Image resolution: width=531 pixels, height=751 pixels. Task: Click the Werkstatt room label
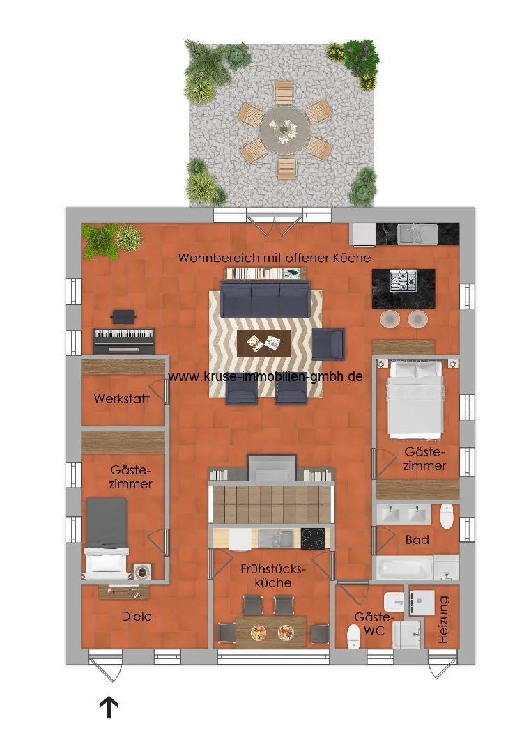click(122, 398)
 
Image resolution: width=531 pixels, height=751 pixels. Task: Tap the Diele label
click(137, 617)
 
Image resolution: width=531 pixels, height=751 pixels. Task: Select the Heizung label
click(444, 619)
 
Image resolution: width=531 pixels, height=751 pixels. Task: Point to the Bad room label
click(417, 540)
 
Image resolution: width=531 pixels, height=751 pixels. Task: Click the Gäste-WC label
click(373, 624)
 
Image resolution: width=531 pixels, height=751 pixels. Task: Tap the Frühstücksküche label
click(272, 575)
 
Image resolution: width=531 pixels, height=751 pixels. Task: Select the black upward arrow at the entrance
click(109, 707)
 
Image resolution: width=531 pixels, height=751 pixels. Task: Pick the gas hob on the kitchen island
click(403, 281)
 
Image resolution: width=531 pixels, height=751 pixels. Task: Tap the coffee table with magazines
click(264, 343)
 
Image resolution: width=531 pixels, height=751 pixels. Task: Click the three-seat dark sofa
click(265, 300)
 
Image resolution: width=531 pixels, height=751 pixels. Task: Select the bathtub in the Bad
click(404, 568)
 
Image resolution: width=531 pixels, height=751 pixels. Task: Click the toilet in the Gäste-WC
click(354, 637)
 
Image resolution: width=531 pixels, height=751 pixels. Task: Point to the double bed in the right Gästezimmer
click(415, 399)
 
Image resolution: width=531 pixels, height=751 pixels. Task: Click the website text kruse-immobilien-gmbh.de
click(265, 376)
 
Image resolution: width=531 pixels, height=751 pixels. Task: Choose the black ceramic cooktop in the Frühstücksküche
click(313, 539)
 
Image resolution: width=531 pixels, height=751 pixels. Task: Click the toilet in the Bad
click(447, 516)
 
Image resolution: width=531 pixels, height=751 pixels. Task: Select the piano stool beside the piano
click(123, 316)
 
